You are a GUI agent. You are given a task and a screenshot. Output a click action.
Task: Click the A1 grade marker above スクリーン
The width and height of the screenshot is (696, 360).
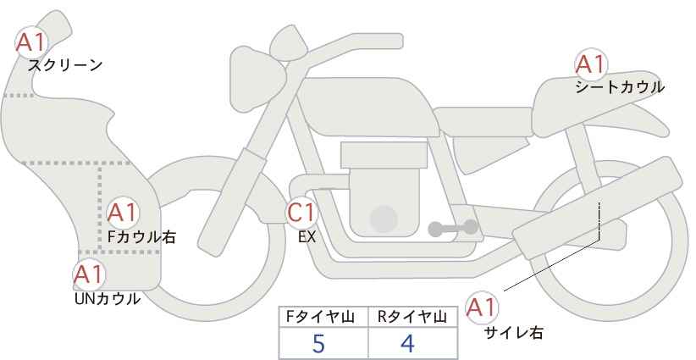[31, 42]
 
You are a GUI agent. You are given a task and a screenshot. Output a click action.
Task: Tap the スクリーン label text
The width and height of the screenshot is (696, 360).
[65, 65]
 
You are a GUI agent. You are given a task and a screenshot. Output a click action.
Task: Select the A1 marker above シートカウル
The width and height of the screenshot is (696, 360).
[591, 64]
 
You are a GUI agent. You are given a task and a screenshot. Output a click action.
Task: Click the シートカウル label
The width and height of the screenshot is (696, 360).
[620, 86]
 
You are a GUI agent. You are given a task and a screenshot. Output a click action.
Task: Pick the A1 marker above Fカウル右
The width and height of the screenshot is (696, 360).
[123, 213]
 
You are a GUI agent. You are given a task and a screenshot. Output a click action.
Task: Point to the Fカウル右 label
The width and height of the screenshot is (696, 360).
[141, 236]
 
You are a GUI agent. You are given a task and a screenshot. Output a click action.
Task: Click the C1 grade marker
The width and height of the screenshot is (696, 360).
[301, 213]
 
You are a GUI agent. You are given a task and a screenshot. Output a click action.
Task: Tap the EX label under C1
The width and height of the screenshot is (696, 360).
[307, 237]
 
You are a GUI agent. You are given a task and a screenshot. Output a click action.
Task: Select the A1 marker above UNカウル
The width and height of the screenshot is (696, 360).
[89, 274]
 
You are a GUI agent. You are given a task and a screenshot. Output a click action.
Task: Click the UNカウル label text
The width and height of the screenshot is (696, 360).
[108, 299]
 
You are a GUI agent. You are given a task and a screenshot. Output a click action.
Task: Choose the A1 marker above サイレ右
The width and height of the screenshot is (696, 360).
[482, 307]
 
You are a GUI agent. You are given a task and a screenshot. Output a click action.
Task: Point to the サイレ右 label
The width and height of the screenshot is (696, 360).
[514, 333]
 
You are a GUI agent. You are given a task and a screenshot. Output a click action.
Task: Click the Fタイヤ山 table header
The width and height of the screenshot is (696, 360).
[320, 317]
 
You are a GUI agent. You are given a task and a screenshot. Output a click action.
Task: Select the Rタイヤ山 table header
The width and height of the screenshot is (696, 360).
[412, 317]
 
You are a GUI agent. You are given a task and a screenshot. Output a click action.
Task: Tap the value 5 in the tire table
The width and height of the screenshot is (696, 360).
[318, 343]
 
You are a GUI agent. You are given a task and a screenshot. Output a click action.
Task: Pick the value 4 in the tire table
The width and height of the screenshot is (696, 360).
[407, 343]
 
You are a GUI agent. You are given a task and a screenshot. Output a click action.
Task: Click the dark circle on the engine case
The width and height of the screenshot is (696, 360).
[384, 219]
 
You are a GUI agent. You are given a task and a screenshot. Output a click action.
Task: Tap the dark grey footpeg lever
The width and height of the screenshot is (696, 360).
[453, 228]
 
